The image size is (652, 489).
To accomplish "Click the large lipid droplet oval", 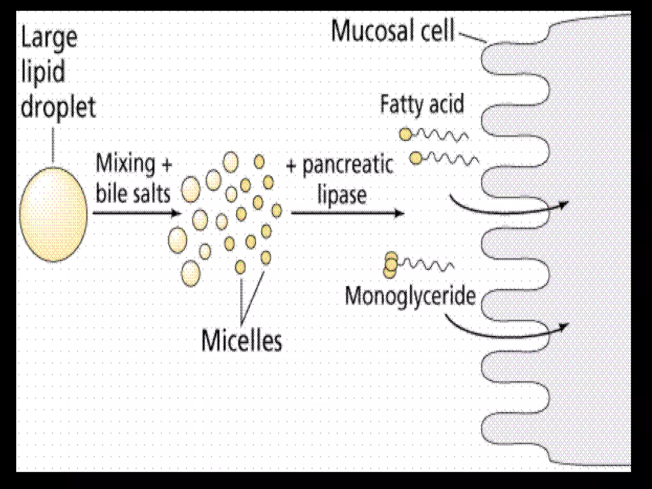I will pos(53,214).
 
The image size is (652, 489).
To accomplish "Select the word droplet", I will pos(58,108).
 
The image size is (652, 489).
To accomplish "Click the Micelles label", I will pos(242,341).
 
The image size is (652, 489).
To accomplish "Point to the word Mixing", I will pos(125,164).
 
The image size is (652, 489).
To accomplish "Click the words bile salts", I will pos(133,194).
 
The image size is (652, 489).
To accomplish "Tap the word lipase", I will pos(342,195).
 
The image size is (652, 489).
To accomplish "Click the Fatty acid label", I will pos(422,104).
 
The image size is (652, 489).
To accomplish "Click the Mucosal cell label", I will pos(393,31).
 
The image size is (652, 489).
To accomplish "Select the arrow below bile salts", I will pos(137,213).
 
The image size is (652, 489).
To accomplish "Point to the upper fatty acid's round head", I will pos(406,134).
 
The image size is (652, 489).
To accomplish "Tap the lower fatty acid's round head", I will pos(415,158).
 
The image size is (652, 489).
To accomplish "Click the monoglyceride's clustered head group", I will pos(391,265).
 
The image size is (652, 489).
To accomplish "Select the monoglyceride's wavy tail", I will pos(427,265).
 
